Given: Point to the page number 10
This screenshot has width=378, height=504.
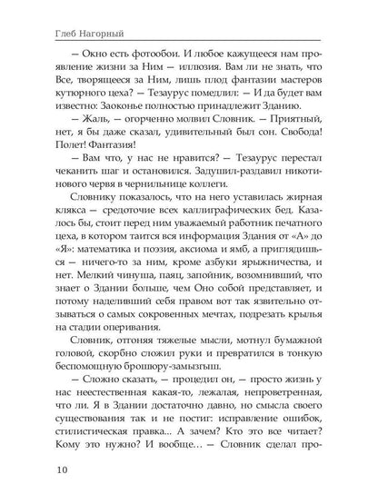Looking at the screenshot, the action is [x=37, y=470].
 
